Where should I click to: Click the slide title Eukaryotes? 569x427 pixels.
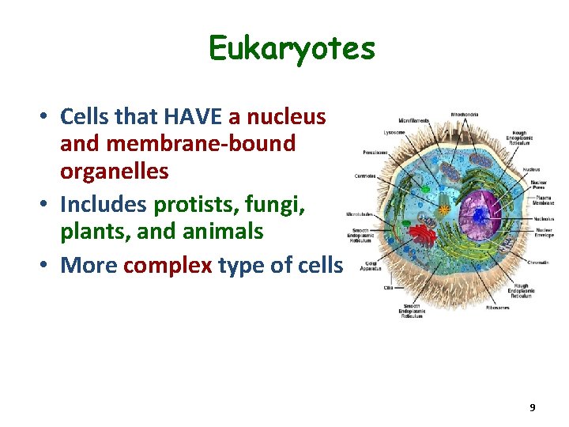[x=292, y=49]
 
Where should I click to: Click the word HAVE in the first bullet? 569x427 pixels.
[x=194, y=117]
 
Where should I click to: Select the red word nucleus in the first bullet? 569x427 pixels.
[x=287, y=117]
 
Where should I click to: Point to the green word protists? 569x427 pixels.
[x=187, y=205]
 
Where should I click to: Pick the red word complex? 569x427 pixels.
[x=168, y=265]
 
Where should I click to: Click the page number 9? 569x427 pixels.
[x=532, y=407]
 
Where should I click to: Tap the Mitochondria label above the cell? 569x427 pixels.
[x=464, y=115]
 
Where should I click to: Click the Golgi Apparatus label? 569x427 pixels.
[x=368, y=266]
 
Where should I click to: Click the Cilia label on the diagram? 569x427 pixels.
[x=388, y=289]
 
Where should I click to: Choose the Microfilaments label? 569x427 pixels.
[x=414, y=121]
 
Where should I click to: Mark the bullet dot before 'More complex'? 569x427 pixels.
[x=47, y=266]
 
